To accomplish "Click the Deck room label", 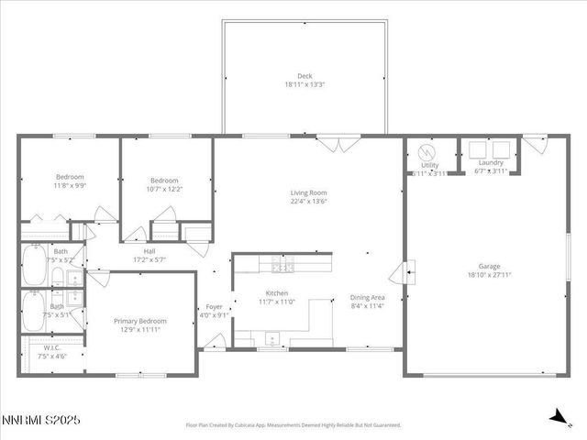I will pos(304,76).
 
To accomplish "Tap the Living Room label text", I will pos(308,192).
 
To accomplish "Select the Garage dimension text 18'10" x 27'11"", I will pos(490,274).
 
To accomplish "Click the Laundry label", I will pos(491,163).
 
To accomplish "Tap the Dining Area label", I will pos(367,297).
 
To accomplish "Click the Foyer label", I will pos(214,307).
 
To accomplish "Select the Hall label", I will pos(149,251).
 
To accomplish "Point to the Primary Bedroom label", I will pos(140,321).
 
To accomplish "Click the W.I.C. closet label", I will pos(51,347).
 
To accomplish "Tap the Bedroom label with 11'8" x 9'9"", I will pos(70,177).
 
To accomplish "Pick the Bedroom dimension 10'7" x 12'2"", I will pos(164,189).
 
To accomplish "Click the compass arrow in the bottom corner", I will pos(556,417).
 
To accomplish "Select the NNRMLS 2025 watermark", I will pos(41,419).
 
